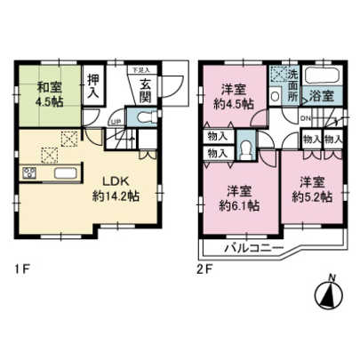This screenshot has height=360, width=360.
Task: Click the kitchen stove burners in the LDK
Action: pyautogui.click(x=27, y=172)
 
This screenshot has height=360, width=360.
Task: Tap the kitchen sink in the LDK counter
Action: pyautogui.click(x=60, y=172)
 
